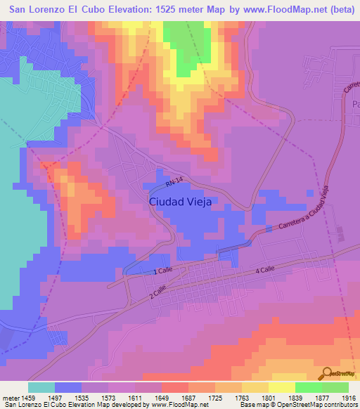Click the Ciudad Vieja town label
[180, 201]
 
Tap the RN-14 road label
[176, 184]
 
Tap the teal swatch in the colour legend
[41, 387]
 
